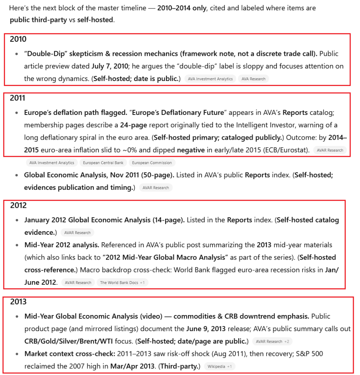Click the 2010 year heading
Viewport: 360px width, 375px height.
[18, 39]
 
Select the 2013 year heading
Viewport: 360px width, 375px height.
[18, 302]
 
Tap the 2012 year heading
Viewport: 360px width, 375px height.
[18, 205]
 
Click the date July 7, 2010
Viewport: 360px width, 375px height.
[109, 66]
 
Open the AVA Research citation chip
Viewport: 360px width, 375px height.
[253, 79]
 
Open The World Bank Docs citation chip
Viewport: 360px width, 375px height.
[119, 283]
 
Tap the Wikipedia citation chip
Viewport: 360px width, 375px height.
[217, 366]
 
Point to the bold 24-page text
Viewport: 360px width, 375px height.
[134, 125]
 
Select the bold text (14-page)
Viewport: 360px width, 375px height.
[168, 220]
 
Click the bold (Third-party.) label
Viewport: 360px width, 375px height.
[180, 366]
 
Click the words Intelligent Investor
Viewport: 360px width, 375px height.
[269, 125]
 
